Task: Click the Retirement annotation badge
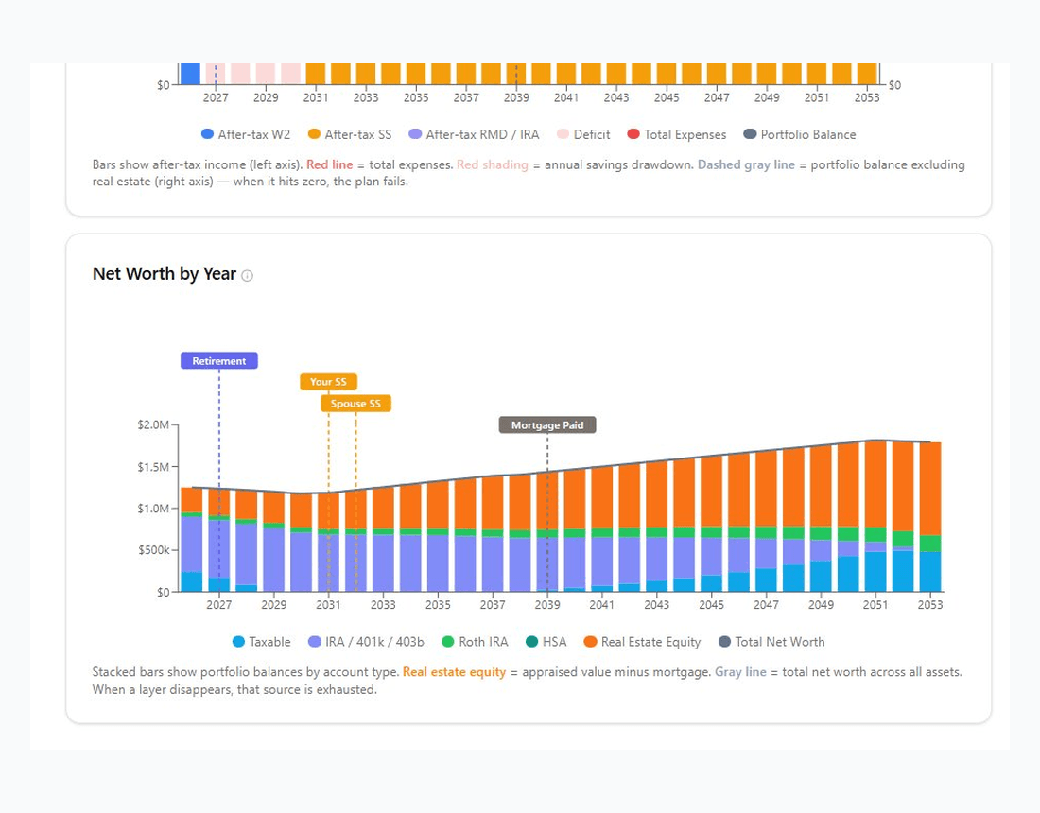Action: click(219, 361)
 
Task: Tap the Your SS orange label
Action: click(328, 382)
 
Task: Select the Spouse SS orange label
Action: click(355, 404)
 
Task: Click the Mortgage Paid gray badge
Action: click(547, 425)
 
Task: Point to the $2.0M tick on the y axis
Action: click(152, 425)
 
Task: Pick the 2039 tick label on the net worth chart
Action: click(547, 605)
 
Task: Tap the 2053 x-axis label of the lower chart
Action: click(930, 605)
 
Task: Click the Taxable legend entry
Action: click(262, 642)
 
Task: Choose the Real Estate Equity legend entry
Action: click(642, 642)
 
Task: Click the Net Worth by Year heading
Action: click(165, 274)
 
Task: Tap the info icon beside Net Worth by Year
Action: click(248, 276)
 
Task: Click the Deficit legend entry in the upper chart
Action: click(583, 135)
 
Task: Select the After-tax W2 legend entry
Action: click(245, 135)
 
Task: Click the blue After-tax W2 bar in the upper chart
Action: click(190, 74)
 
